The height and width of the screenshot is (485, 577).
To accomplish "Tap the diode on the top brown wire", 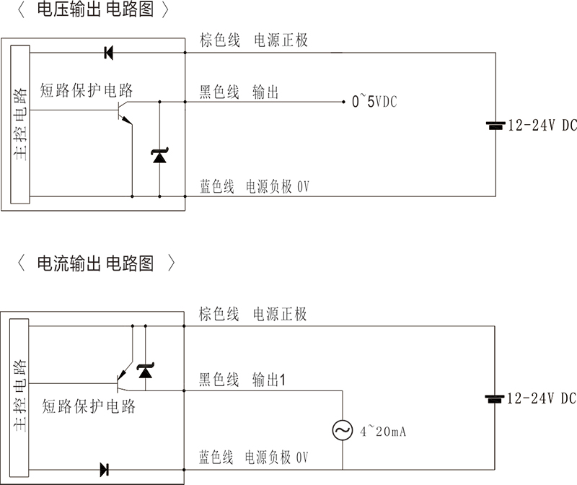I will pos(109,52).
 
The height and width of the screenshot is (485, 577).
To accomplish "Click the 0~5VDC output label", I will pos(374,102).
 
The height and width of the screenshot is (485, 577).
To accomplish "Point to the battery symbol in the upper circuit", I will pos(495,126).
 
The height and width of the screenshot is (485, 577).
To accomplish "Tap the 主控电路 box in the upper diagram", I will pos(19,124).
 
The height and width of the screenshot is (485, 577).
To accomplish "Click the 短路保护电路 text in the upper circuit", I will pos(87,90).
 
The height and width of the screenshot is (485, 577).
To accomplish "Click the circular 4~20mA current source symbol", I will pos(342,431).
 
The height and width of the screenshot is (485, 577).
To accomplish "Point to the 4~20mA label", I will pos(384,432).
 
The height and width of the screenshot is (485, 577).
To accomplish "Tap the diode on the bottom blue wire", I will pos(104,470).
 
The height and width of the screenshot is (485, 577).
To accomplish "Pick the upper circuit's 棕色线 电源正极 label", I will pos(253,40).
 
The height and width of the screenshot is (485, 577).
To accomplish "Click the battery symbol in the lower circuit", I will pos(495,398).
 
